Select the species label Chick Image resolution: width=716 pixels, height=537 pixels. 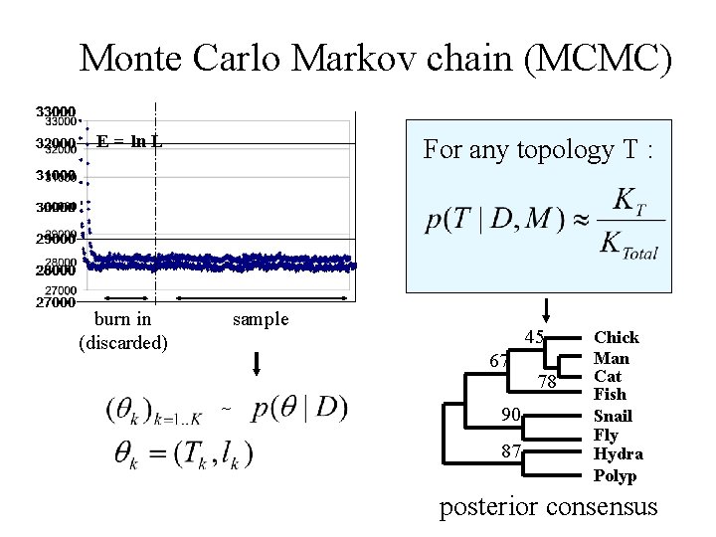[617, 338]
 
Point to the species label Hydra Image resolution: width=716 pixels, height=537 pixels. [618, 454]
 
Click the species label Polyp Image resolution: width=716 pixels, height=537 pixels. [615, 475]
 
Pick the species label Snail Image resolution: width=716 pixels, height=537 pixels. [613, 416]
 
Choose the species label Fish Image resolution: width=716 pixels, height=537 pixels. [610, 396]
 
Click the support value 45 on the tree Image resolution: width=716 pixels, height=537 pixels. [534, 338]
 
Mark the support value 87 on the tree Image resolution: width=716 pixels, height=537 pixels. [511, 450]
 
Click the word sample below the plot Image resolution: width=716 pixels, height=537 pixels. [261, 319]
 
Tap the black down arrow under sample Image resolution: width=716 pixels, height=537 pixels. [257, 360]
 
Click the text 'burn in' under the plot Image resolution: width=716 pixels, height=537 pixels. [121, 319]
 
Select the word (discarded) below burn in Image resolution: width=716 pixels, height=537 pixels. [123, 342]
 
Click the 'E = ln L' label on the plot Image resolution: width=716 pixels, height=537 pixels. [130, 141]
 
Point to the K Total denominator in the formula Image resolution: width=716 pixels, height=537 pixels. [628, 246]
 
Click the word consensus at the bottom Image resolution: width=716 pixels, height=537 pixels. [602, 507]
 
